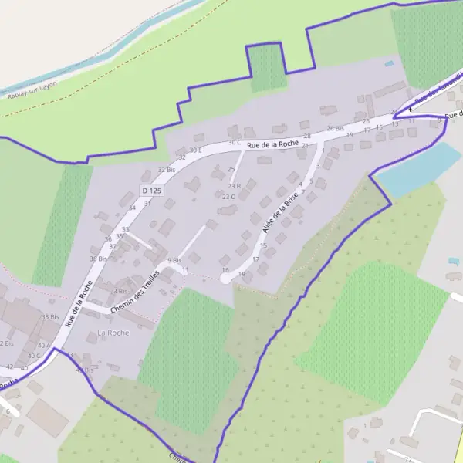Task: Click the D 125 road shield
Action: coord(152,190)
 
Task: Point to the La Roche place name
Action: coord(113,333)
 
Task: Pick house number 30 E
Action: coord(194,150)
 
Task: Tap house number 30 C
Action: coord(235,143)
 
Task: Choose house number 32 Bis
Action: coord(166,169)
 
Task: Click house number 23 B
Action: coord(234,186)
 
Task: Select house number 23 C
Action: coord(228,197)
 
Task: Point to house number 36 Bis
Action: coord(98,259)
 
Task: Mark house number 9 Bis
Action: coord(174,260)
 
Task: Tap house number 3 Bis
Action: coord(120,291)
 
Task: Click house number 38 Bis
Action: coord(50,316)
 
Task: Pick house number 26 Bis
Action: coord(335,128)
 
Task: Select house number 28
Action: coord(306,136)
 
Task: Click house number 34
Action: coord(132,208)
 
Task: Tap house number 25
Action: coord(231,168)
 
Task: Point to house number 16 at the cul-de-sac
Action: coord(225,270)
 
